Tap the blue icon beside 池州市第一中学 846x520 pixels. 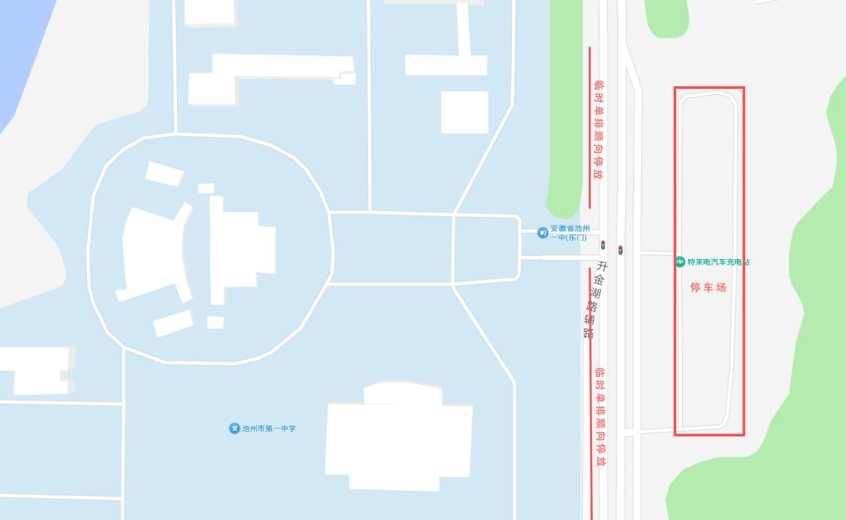pos(234,428)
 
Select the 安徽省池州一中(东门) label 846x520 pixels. pos(569,233)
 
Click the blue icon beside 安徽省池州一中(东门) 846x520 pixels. pos(543,233)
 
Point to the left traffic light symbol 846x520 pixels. pos(603,245)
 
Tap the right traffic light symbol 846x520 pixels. pos(620,250)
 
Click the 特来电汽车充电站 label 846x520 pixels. pos(718,262)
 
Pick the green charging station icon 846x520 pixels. pos(680,262)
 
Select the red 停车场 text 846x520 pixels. pos(708,287)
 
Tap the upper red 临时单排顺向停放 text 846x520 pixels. pos(599,130)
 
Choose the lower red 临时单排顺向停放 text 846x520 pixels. pos(600,416)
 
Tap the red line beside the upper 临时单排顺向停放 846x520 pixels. pos(589,127)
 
